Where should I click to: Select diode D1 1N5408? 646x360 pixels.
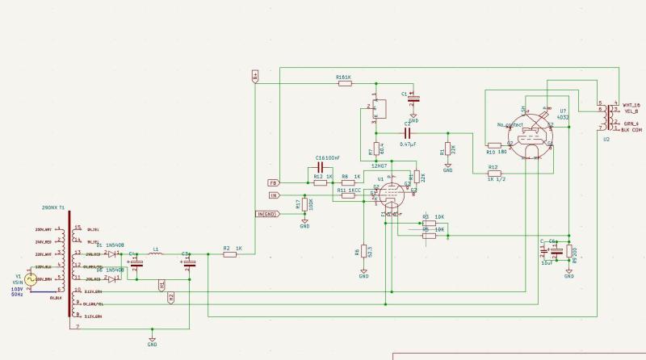(111, 253)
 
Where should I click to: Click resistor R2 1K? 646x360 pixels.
(229, 254)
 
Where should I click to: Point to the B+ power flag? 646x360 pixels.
(255, 75)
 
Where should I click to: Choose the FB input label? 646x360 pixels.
(274, 183)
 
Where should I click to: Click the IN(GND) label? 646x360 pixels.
(267, 214)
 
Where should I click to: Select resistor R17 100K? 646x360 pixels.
(304, 205)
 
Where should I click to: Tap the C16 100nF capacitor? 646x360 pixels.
(319, 166)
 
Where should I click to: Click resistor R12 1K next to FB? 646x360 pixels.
(321, 183)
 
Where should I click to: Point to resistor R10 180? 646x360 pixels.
(495, 145)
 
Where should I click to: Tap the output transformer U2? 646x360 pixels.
(602, 117)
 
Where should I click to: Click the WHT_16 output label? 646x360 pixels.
(631, 106)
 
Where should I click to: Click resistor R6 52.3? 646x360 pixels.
(364, 251)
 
